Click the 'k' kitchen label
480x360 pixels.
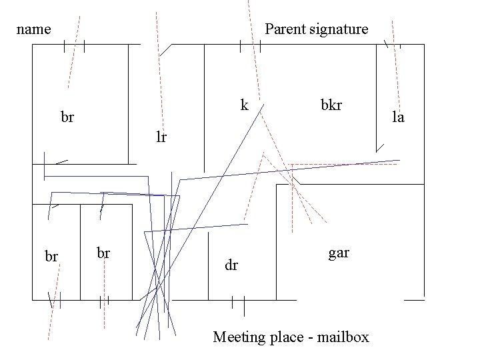point(244,105)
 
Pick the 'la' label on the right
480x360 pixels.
point(398,118)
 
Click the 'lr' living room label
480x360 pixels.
point(161,138)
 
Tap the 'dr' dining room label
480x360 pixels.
point(231,265)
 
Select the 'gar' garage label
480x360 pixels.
point(338,253)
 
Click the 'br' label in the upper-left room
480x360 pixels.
point(67,118)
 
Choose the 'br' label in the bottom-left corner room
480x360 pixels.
point(51,256)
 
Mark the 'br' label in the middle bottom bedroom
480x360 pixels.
point(103,253)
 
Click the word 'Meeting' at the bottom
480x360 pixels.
point(238,337)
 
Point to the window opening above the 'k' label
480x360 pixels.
point(250,45)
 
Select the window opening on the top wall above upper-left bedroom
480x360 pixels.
point(75,45)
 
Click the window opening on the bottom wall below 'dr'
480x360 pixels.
point(238,301)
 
